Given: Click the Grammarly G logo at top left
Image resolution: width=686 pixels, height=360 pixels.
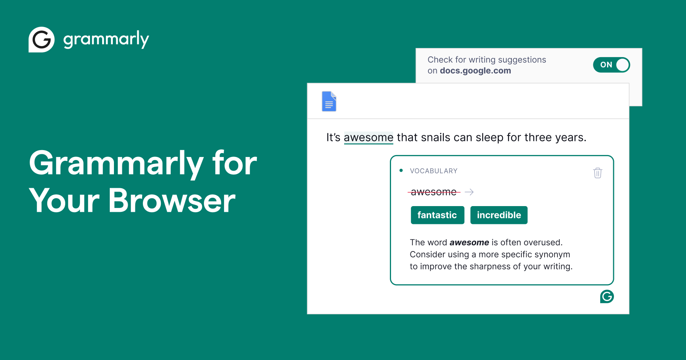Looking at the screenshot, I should [42, 40].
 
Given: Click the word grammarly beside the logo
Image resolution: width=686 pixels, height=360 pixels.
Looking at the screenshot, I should [106, 40].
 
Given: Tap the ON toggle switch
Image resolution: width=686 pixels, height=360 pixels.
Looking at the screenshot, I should [611, 65].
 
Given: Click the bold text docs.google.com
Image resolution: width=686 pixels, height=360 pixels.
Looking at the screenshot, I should [475, 71].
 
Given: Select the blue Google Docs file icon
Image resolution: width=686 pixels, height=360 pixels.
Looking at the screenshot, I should [329, 101].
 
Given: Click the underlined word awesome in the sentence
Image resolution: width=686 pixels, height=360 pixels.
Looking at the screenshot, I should [368, 138].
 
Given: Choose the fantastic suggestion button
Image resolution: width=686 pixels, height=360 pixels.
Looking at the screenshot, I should [437, 215].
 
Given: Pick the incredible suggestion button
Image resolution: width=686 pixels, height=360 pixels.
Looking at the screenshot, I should [499, 215].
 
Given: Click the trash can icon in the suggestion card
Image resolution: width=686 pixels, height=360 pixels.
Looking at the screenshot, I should [598, 173].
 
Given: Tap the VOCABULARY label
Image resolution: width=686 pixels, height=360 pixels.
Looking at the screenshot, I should [434, 171].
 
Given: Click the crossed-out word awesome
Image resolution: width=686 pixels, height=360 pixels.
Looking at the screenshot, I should [434, 192].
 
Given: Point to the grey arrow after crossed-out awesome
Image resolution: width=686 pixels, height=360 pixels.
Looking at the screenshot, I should [469, 192].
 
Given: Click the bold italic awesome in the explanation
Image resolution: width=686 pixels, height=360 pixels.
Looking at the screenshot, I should [469, 243].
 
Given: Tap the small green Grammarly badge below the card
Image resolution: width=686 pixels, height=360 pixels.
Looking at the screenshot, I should [607, 296].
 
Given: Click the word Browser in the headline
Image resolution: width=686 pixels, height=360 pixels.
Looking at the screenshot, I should [172, 201].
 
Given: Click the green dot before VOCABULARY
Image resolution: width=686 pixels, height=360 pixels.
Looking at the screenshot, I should [401, 171].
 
